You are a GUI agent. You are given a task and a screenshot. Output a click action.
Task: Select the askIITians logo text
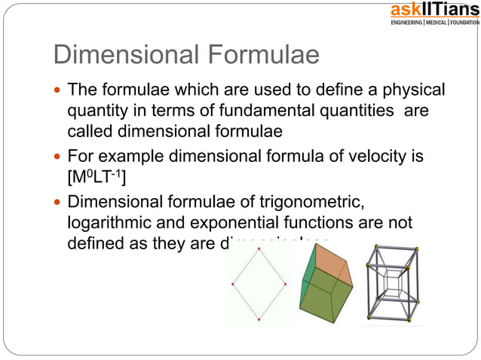point(434,10)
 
